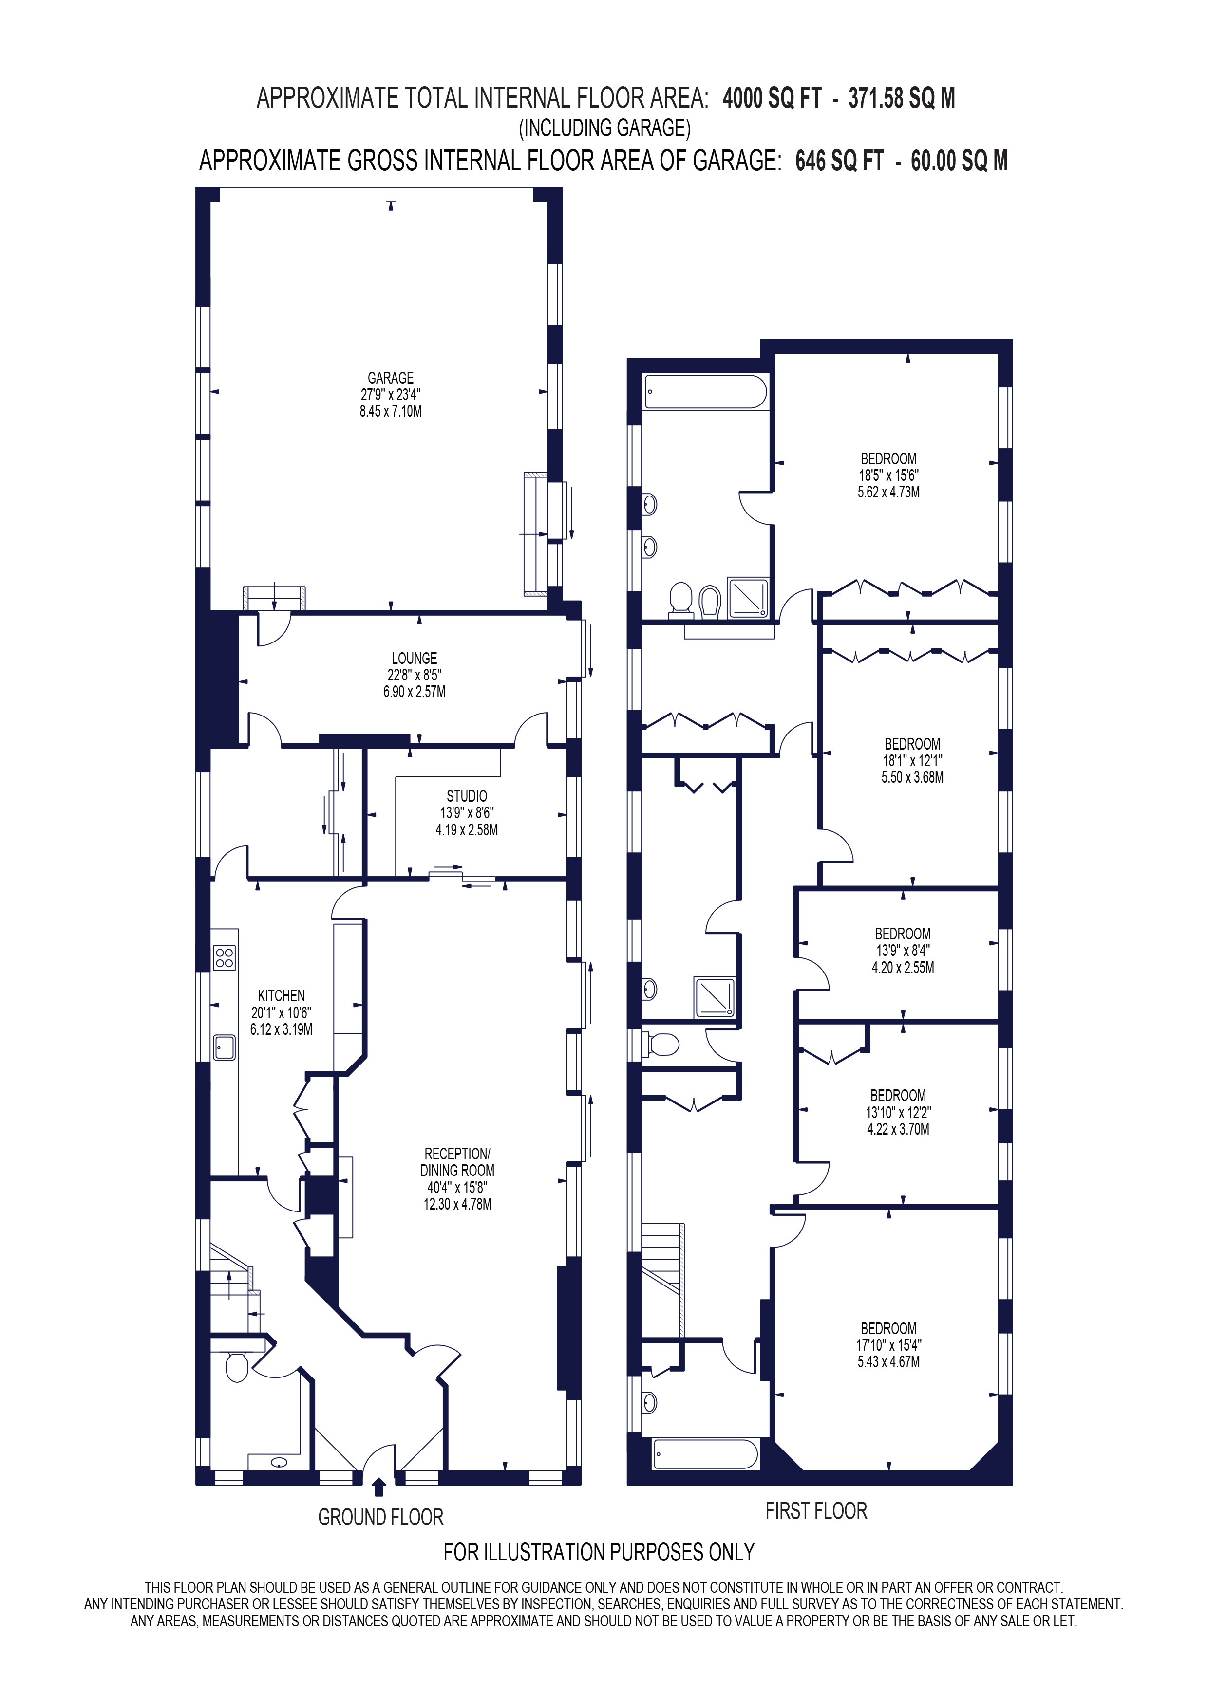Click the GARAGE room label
click(391, 378)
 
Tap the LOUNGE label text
click(415, 658)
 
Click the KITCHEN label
click(281, 995)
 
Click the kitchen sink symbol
click(224, 1047)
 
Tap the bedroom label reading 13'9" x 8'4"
click(903, 950)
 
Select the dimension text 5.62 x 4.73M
click(889, 492)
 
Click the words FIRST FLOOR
click(816, 1511)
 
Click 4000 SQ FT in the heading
click(772, 98)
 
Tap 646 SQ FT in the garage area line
click(840, 161)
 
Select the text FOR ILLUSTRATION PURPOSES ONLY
click(599, 1552)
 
